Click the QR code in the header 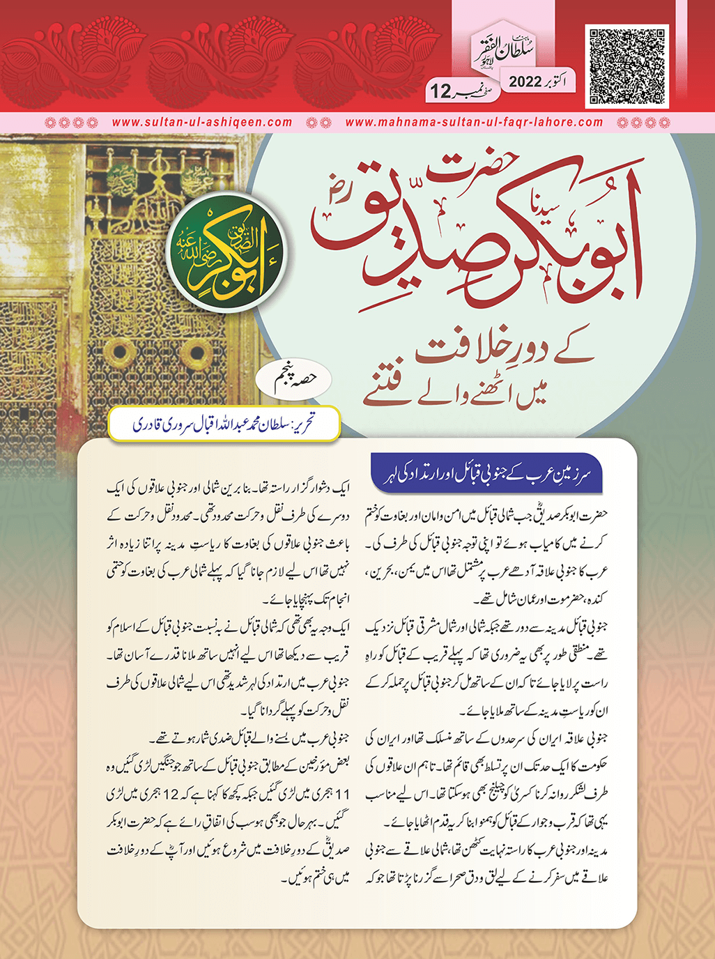[x=627, y=67]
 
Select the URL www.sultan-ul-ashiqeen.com [x=202, y=122]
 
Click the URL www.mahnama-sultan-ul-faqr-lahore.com [x=474, y=122]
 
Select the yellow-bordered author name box [x=224, y=424]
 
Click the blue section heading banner [x=486, y=474]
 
